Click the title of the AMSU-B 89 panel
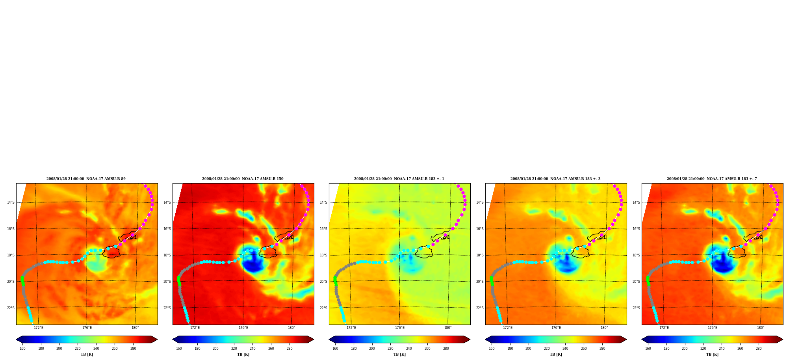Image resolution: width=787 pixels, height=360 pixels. [86, 179]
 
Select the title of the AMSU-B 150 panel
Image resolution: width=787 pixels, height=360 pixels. [243, 179]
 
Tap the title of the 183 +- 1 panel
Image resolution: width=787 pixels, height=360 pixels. [399, 179]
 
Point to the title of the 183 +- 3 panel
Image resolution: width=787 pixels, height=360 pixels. [555, 179]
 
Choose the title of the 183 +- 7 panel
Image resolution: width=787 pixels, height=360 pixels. [712, 179]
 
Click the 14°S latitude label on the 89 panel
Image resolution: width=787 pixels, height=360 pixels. [11, 202]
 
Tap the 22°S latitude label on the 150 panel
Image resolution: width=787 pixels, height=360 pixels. [167, 308]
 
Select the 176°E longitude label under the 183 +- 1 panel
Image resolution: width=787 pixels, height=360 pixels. [399, 328]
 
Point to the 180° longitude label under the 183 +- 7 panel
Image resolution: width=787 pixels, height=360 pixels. [761, 328]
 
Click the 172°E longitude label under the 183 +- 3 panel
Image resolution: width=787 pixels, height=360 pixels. [508, 328]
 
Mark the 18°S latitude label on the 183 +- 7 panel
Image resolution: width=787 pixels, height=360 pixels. [636, 255]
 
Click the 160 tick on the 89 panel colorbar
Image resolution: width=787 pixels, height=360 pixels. [22, 348]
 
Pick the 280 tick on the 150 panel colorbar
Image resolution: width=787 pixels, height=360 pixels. [290, 348]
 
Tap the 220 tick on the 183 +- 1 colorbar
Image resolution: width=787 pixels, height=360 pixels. [390, 348]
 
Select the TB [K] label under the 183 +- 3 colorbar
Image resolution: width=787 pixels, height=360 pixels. [556, 354]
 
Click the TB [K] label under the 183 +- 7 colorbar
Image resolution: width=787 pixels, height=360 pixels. [712, 354]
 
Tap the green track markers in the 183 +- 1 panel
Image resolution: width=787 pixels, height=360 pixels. [335, 280]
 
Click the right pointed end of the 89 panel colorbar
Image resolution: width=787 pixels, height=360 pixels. [157, 340]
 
